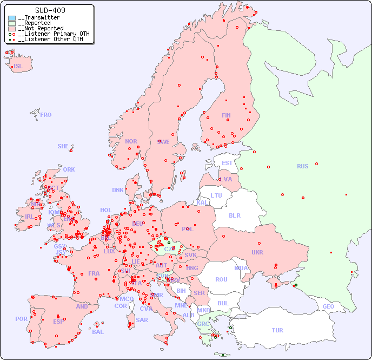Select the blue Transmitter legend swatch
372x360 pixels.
click(x=12, y=18)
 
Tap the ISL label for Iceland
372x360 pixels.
click(x=18, y=67)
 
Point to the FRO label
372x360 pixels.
click(x=46, y=115)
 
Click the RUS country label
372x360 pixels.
click(x=302, y=166)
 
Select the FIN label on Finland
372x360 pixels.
click(x=226, y=115)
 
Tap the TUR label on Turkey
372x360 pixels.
click(x=277, y=330)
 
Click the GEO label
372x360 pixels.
click(x=328, y=306)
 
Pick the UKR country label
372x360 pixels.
click(x=257, y=252)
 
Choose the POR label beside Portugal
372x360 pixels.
click(x=21, y=319)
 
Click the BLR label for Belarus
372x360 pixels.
click(x=234, y=215)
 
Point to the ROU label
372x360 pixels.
click(x=221, y=279)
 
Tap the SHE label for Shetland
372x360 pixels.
click(x=63, y=146)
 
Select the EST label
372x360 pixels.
click(x=227, y=163)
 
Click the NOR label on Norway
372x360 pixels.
click(x=131, y=141)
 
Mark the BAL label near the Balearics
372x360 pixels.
click(x=98, y=332)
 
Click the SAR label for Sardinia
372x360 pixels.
click(x=142, y=320)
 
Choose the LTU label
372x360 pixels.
click(x=216, y=195)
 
